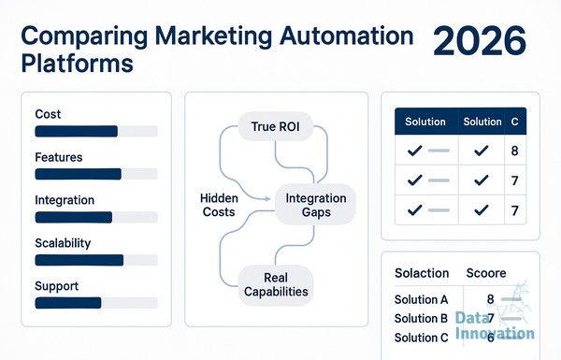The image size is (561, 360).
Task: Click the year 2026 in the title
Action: (480, 41)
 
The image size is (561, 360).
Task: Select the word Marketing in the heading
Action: (213, 36)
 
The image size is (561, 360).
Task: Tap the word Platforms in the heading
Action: (78, 64)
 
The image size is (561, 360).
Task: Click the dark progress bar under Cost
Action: (77, 131)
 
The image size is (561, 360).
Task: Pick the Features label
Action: (59, 157)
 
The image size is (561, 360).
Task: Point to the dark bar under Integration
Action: (74, 217)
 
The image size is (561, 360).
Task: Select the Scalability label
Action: (63, 243)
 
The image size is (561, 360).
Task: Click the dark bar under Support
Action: (68, 303)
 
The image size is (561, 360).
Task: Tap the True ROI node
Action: (276, 126)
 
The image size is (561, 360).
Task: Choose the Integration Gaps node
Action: (316, 205)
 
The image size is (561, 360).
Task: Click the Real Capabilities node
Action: (276, 285)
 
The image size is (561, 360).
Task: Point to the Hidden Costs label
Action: (219, 205)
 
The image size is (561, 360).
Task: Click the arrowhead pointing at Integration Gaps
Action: (267, 198)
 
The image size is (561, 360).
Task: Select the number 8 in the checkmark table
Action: (515, 151)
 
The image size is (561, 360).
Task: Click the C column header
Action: (515, 122)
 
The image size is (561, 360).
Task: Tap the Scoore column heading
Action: (486, 273)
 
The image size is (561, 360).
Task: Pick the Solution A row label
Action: (421, 299)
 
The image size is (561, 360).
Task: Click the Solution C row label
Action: (421, 338)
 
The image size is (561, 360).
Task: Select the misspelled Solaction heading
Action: (422, 273)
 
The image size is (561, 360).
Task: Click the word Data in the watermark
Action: (472, 317)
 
